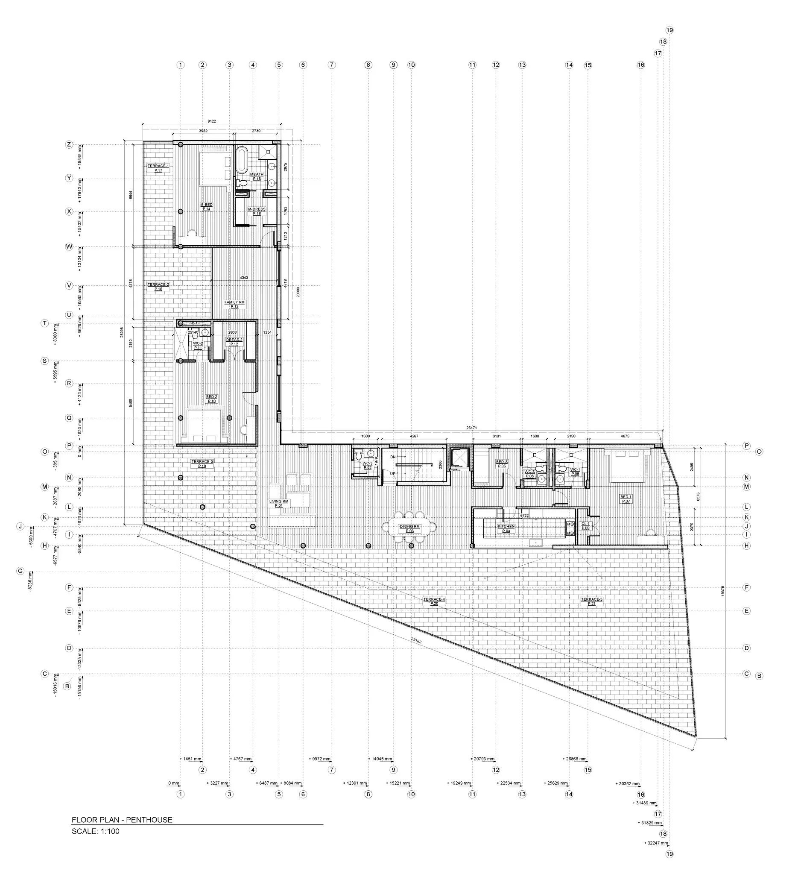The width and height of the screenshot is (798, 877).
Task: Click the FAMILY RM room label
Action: (x=234, y=304)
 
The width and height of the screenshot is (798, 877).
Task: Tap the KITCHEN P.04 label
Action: (x=506, y=528)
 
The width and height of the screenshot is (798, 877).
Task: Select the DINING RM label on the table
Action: (x=409, y=528)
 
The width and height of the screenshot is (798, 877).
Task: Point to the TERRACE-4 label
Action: (x=434, y=601)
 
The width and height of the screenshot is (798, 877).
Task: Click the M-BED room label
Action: (x=206, y=207)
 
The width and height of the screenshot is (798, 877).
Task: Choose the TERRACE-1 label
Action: (x=158, y=168)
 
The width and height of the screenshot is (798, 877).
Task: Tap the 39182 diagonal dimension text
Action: (x=416, y=639)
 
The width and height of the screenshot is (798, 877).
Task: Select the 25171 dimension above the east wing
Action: (x=472, y=428)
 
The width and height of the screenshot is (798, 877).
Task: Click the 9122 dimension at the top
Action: (x=212, y=121)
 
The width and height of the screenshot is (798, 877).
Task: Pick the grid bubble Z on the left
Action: (x=69, y=144)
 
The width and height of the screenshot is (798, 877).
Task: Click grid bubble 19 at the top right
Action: (x=669, y=30)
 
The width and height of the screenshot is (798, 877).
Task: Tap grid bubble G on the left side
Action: (x=20, y=571)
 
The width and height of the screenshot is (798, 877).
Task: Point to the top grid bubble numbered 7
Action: (x=331, y=65)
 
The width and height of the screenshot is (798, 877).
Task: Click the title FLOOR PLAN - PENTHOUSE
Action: (x=122, y=820)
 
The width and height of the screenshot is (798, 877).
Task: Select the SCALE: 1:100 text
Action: (x=95, y=831)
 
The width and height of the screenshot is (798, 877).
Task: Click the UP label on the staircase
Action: (x=393, y=473)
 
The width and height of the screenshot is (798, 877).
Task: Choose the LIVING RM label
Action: (x=279, y=503)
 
